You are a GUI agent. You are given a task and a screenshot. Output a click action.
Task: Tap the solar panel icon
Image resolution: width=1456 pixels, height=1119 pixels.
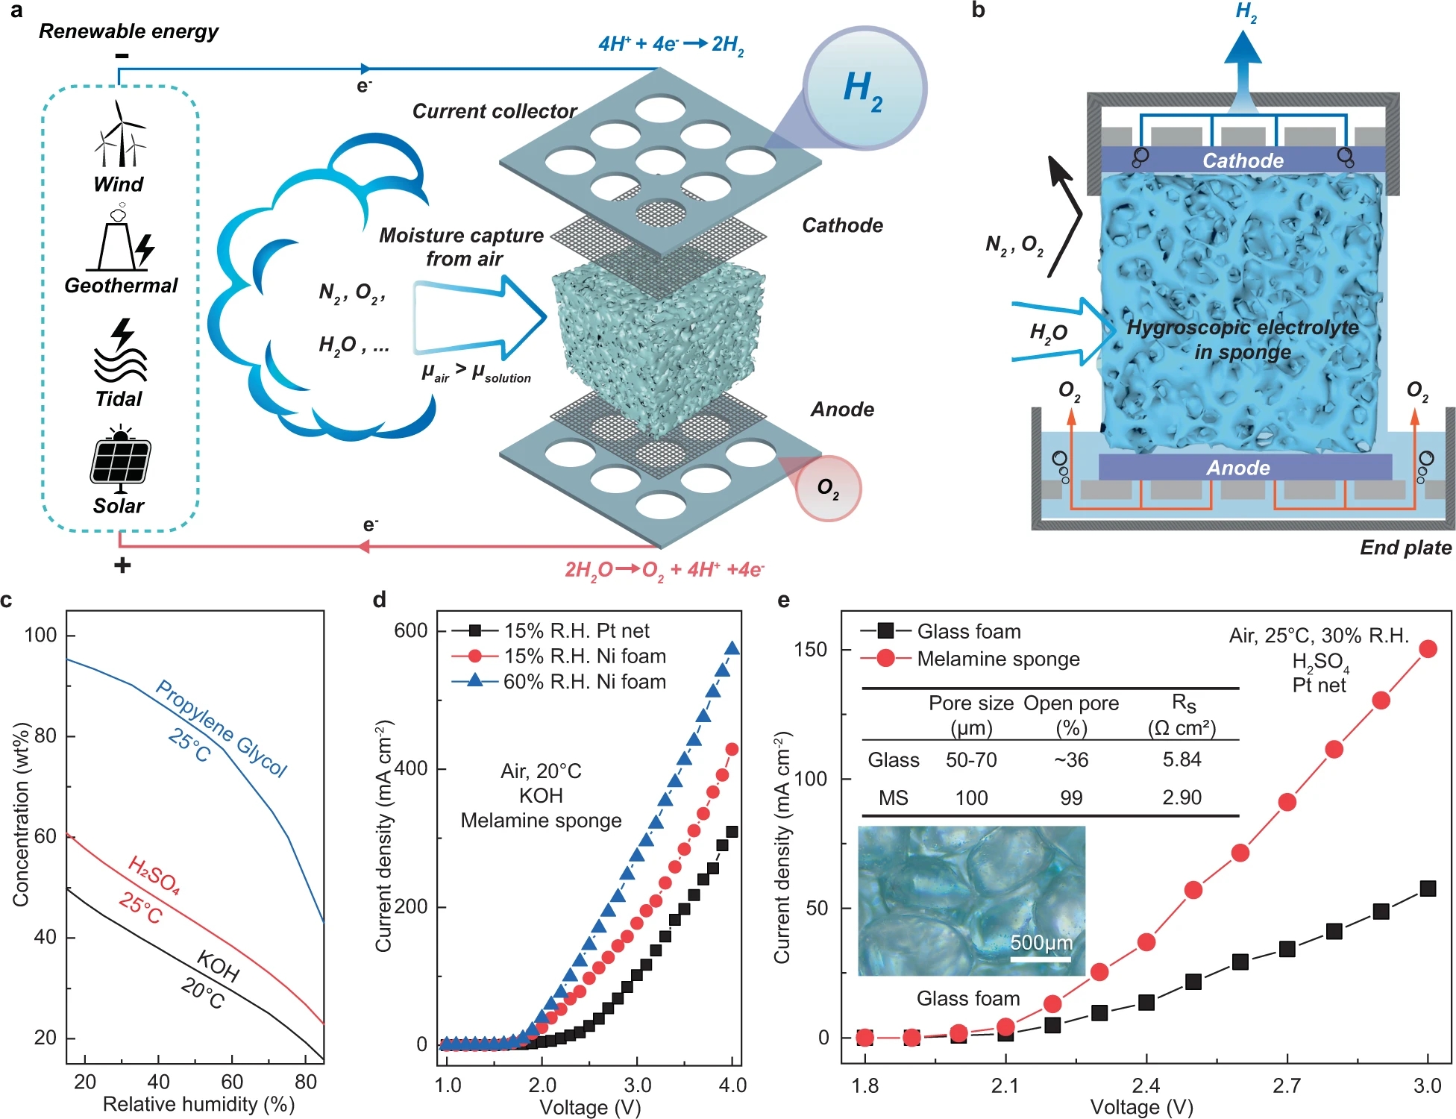click(x=120, y=460)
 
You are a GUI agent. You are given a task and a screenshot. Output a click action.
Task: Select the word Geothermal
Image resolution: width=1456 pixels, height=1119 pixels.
click(x=121, y=286)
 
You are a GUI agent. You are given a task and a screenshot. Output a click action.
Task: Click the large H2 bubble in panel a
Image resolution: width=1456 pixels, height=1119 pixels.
click(x=865, y=88)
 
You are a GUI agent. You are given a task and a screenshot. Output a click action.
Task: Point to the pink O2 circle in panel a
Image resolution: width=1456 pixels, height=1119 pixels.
click(x=829, y=489)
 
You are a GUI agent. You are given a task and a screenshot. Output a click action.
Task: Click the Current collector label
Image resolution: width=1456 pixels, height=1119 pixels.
click(x=495, y=111)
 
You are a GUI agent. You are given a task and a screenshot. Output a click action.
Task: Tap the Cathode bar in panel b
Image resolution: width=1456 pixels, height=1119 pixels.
click(x=1243, y=160)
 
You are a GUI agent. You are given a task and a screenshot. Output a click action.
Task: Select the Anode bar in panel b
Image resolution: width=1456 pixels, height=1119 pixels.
click(x=1238, y=468)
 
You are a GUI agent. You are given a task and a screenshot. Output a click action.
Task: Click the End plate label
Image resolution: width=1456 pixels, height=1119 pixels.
click(x=1405, y=548)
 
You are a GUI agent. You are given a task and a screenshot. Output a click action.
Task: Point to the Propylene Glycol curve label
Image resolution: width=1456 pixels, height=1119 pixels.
click(x=221, y=728)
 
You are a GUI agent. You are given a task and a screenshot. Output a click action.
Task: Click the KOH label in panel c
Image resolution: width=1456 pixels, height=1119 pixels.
click(x=218, y=967)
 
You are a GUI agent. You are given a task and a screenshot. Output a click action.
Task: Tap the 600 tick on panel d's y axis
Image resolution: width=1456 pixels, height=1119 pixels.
click(x=411, y=631)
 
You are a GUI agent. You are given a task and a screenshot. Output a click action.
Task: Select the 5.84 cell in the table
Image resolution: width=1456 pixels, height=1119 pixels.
click(x=1182, y=759)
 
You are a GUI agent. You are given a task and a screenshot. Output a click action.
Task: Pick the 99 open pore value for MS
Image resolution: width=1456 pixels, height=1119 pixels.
click(x=1071, y=797)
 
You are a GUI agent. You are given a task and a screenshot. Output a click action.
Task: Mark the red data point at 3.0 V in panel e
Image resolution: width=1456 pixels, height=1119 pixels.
click(x=1428, y=649)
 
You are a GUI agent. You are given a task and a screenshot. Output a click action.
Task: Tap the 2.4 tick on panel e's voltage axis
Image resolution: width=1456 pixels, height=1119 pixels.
click(x=1146, y=1085)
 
